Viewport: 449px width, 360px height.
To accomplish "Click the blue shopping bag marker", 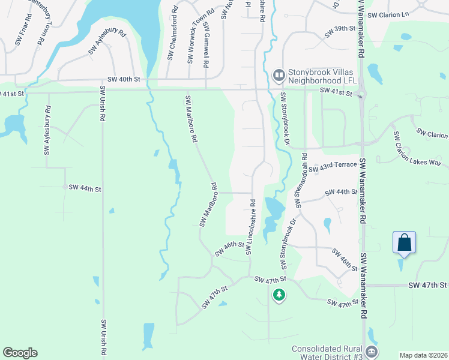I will tap(405, 243).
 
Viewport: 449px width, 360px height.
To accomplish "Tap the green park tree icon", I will tap(279, 295).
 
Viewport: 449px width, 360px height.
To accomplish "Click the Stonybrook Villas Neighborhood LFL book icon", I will tap(279, 75).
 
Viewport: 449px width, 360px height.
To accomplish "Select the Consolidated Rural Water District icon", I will tap(372, 352).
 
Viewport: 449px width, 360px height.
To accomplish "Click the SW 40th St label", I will tap(124, 79).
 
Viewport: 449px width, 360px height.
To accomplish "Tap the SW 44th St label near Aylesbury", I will tap(85, 188).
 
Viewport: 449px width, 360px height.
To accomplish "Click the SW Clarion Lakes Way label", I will tap(418, 149).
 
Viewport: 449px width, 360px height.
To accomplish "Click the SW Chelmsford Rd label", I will tap(172, 33).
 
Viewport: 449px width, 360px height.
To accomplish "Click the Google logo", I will tap(20, 353).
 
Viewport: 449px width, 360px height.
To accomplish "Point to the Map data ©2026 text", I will tap(423, 355).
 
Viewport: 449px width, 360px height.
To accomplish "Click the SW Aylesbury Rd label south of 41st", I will tap(47, 131).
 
